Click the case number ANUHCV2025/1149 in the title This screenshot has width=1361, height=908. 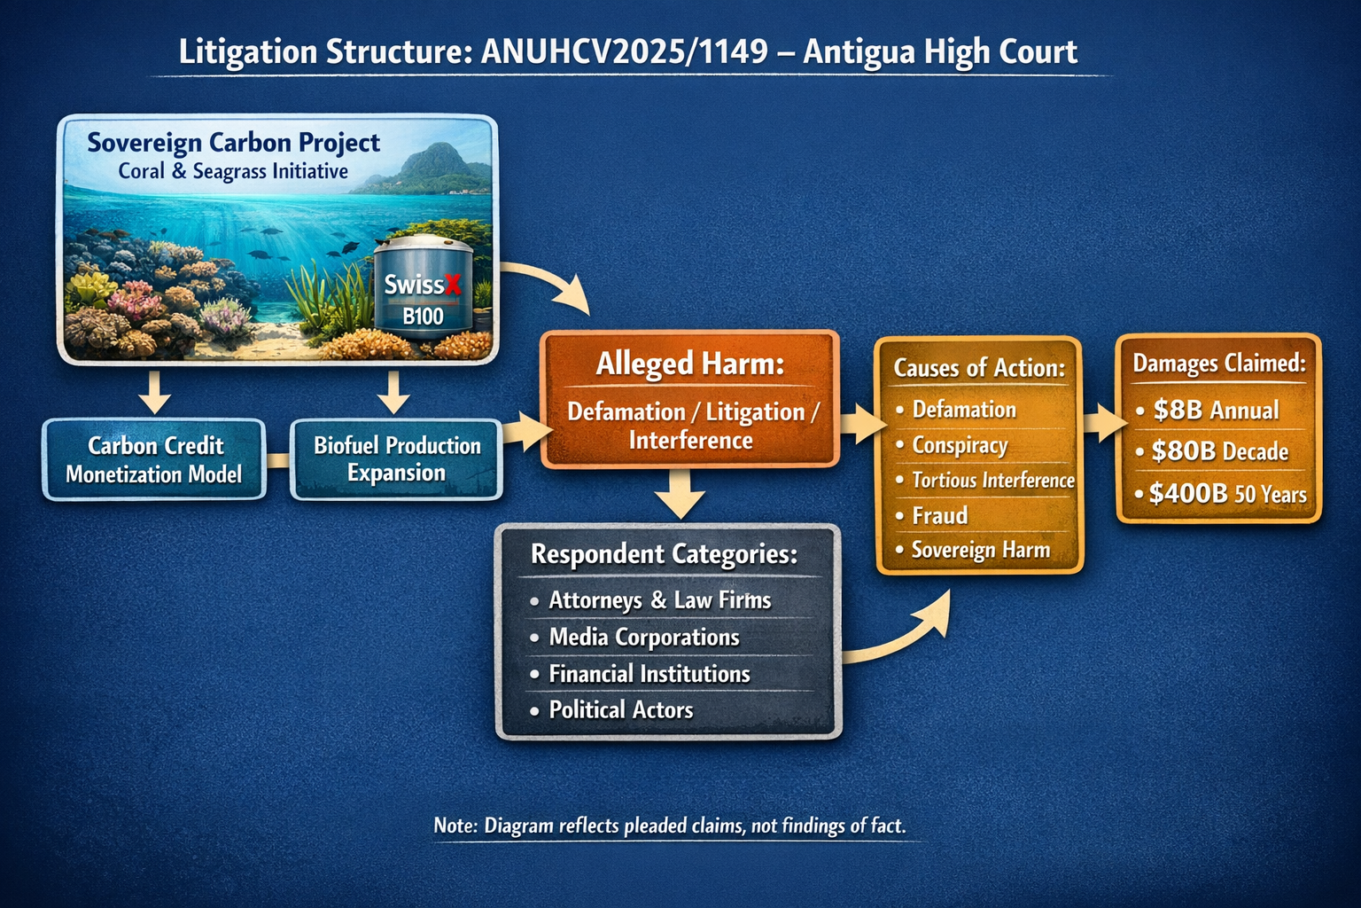(x=624, y=51)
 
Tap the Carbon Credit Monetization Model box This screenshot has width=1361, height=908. (x=154, y=459)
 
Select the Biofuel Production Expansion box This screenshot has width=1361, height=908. (x=397, y=459)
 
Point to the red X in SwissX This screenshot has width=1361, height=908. (x=453, y=285)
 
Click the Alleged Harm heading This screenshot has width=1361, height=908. (x=689, y=364)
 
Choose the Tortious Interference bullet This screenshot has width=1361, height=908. (x=992, y=480)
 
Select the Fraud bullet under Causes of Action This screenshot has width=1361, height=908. (x=939, y=515)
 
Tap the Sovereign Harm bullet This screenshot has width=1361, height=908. (x=980, y=550)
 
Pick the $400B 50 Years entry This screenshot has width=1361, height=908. (x=1227, y=494)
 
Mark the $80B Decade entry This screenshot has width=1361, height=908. (x=1219, y=451)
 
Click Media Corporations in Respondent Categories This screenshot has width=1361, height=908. (x=643, y=637)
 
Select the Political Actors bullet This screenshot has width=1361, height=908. (x=620, y=709)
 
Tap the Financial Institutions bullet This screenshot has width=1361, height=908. (x=649, y=674)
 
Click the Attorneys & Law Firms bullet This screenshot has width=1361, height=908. (x=659, y=600)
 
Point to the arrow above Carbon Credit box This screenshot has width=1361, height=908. (x=155, y=392)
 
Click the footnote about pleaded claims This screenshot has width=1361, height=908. (x=670, y=826)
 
